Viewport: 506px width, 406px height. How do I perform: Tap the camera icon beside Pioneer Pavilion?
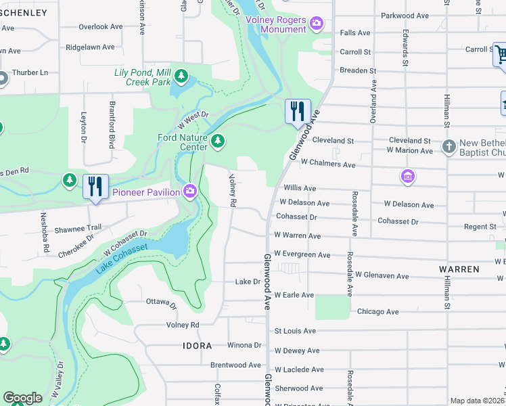(189, 192)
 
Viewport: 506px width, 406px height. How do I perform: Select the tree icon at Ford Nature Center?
(217, 141)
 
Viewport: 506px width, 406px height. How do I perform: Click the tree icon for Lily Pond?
(181, 74)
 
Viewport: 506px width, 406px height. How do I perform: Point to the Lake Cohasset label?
(122, 258)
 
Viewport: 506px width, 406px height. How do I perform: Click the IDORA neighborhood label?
(197, 345)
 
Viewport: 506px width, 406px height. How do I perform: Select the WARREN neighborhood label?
(459, 269)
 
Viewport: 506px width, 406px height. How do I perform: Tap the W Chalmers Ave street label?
(328, 164)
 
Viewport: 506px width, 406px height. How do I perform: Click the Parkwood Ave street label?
(405, 15)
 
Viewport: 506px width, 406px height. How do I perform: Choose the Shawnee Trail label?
(78, 227)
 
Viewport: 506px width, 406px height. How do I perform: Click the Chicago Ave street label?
(377, 312)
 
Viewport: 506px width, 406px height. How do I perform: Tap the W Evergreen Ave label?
(302, 255)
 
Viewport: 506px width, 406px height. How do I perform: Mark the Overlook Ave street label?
(100, 27)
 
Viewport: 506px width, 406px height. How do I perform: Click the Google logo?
(22, 398)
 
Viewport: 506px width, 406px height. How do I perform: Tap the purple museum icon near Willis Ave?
(407, 177)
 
